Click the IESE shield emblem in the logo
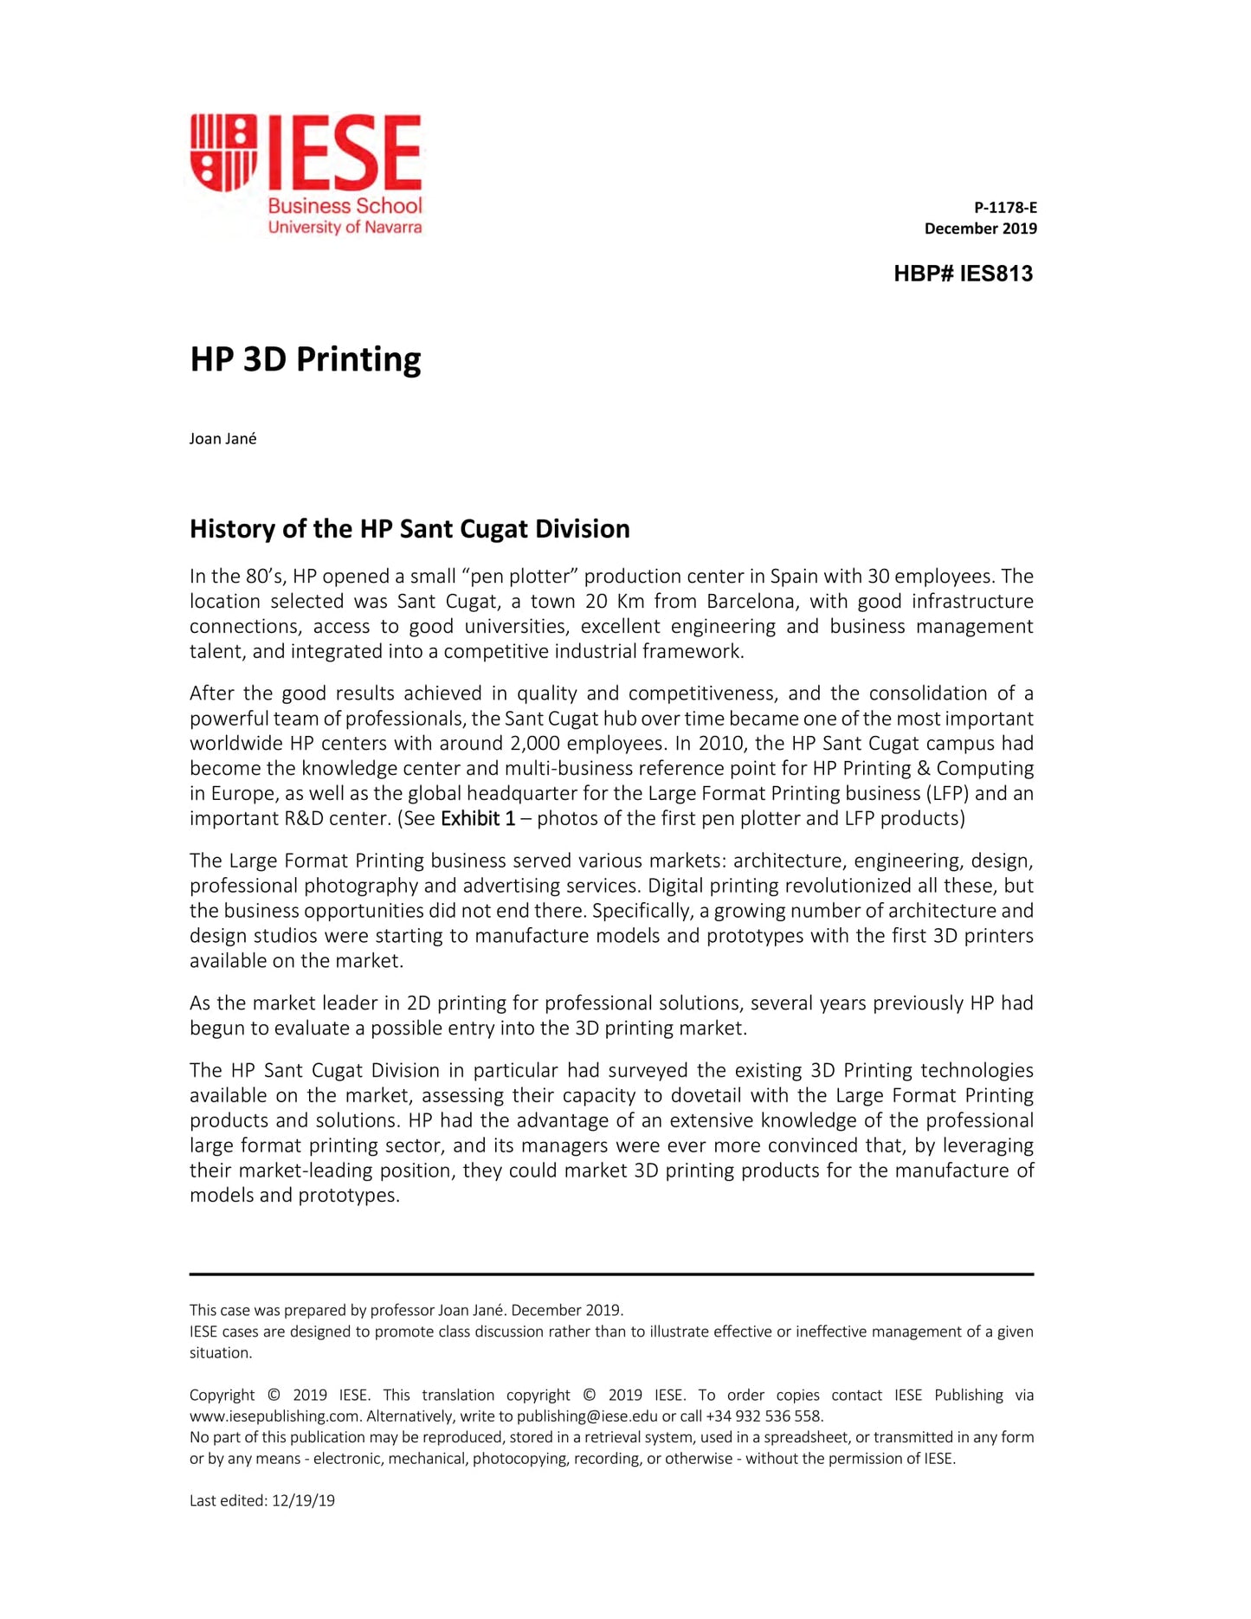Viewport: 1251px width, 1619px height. coord(223,152)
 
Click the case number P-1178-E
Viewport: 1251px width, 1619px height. coord(1005,208)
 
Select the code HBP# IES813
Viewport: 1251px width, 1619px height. coord(963,274)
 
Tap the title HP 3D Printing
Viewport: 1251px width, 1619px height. coord(305,359)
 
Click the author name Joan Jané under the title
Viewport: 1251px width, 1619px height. coord(222,439)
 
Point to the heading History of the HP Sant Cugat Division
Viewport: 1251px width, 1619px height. coord(409,529)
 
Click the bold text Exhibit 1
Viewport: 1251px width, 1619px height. coord(478,818)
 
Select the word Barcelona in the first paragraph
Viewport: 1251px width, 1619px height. coord(751,602)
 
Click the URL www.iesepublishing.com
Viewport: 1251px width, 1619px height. coord(274,1416)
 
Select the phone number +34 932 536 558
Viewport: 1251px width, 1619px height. coord(764,1416)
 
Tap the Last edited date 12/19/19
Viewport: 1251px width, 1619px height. coord(303,1501)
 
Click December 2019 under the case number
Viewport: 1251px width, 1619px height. coord(980,229)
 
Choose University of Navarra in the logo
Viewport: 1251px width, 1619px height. coord(345,228)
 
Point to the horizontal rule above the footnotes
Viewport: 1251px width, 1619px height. coord(611,1274)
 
